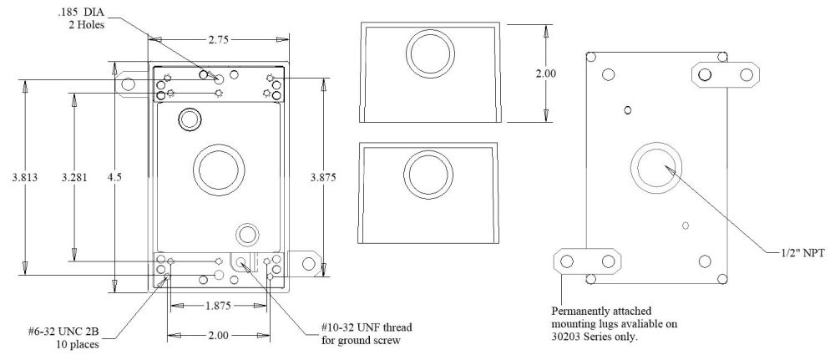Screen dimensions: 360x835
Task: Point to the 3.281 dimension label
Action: coord(74,177)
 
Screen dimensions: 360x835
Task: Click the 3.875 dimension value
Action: coord(323,177)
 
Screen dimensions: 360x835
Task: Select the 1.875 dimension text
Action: coord(219,306)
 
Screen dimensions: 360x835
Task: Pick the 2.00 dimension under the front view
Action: coord(218,335)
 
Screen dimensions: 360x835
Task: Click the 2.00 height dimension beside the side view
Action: coord(545,74)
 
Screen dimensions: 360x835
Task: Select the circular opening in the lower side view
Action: coord(429,175)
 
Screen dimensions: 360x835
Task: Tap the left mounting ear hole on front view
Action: coord(129,83)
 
